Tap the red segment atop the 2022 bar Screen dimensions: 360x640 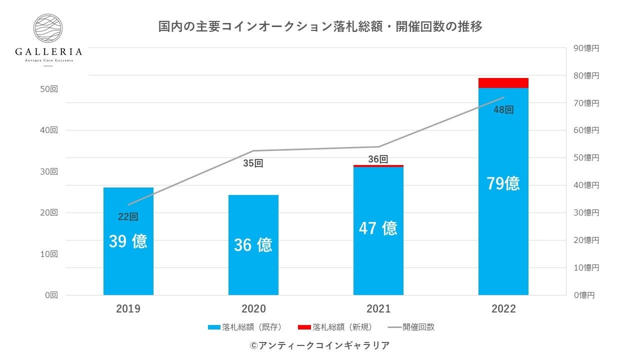(503, 83)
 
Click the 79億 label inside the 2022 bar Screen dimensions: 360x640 (503, 183)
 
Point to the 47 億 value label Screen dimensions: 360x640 (378, 228)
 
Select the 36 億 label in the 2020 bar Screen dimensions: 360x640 (253, 245)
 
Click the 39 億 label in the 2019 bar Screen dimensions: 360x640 (128, 241)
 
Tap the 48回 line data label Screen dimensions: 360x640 (503, 110)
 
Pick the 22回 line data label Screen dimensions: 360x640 (128, 217)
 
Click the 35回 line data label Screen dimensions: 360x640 (253, 163)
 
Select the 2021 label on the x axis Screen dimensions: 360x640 (378, 309)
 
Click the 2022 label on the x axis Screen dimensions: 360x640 (503, 309)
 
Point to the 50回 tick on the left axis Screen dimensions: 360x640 (49, 89)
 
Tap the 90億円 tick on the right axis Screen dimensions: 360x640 (586, 48)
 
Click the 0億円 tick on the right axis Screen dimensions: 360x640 (584, 295)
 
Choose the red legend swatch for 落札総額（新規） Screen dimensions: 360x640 (304, 327)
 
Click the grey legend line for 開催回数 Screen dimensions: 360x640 (394, 327)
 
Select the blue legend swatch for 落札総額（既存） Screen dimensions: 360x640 (214, 327)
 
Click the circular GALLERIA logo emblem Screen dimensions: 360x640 (48, 28)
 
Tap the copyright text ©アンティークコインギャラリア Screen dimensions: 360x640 (319, 345)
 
